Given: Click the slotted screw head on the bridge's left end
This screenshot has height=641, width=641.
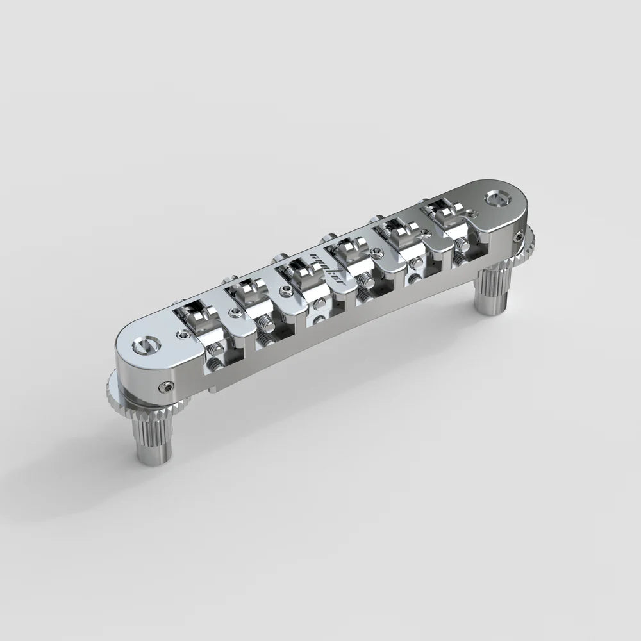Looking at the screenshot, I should coord(142,346).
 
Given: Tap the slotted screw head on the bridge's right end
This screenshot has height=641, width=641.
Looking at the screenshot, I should coord(496,197).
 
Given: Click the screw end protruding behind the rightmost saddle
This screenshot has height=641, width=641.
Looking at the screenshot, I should coord(424,203).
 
